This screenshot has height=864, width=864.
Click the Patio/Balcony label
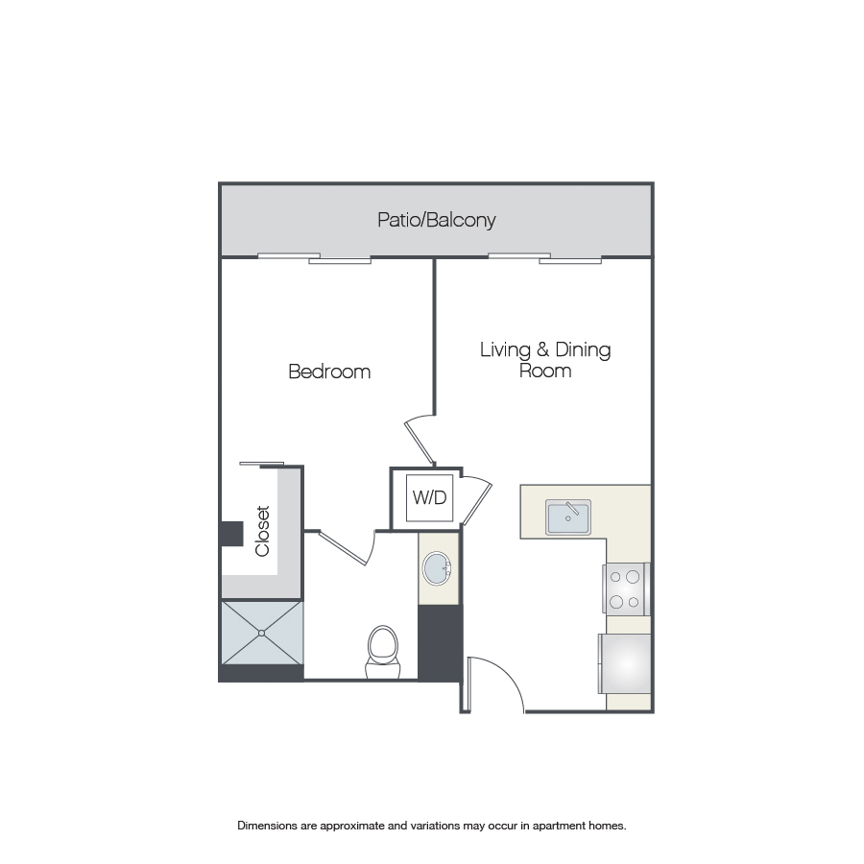pyautogui.click(x=437, y=221)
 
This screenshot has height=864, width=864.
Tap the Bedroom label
pyautogui.click(x=329, y=372)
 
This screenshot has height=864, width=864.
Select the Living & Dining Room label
pyautogui.click(x=545, y=360)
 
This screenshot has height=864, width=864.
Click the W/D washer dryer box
pyautogui.click(x=429, y=497)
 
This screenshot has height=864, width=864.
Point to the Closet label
pyautogui.click(x=262, y=531)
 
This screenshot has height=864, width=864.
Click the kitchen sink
pyautogui.click(x=568, y=517)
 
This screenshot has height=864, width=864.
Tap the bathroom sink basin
pyautogui.click(x=438, y=568)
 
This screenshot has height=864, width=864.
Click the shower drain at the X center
pyautogui.click(x=262, y=634)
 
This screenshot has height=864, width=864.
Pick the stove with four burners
pyautogui.click(x=627, y=589)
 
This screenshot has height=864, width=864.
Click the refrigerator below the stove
pyautogui.click(x=625, y=664)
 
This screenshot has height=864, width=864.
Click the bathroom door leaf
pyautogui.click(x=343, y=548)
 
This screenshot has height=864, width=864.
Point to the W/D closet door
pyautogui.click(x=476, y=501)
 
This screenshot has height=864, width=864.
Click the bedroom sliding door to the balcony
pyautogui.click(x=314, y=258)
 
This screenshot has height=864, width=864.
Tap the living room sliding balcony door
pyautogui.click(x=544, y=258)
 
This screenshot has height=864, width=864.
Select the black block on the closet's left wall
pyautogui.click(x=232, y=534)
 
